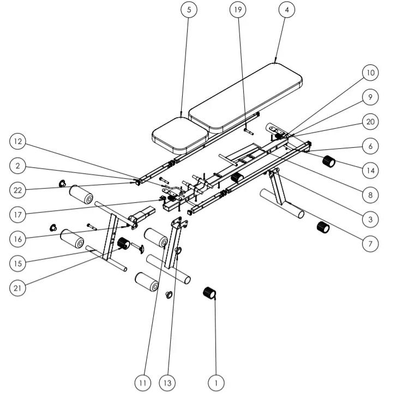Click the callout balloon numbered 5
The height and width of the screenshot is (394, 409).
point(189,10)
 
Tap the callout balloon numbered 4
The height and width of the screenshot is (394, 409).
point(287,10)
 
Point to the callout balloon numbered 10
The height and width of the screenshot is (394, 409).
point(370,72)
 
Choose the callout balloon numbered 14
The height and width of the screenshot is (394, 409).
point(370,170)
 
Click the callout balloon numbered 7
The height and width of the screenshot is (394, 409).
point(370,243)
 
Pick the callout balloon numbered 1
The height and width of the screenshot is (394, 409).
point(216,383)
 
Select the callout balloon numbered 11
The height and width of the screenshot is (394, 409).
point(142,383)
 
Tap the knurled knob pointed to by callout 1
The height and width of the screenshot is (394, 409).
point(210,293)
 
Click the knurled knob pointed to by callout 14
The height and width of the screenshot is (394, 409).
point(329,162)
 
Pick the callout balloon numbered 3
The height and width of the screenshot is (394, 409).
point(370,219)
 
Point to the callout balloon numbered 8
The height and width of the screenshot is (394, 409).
point(370,195)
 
